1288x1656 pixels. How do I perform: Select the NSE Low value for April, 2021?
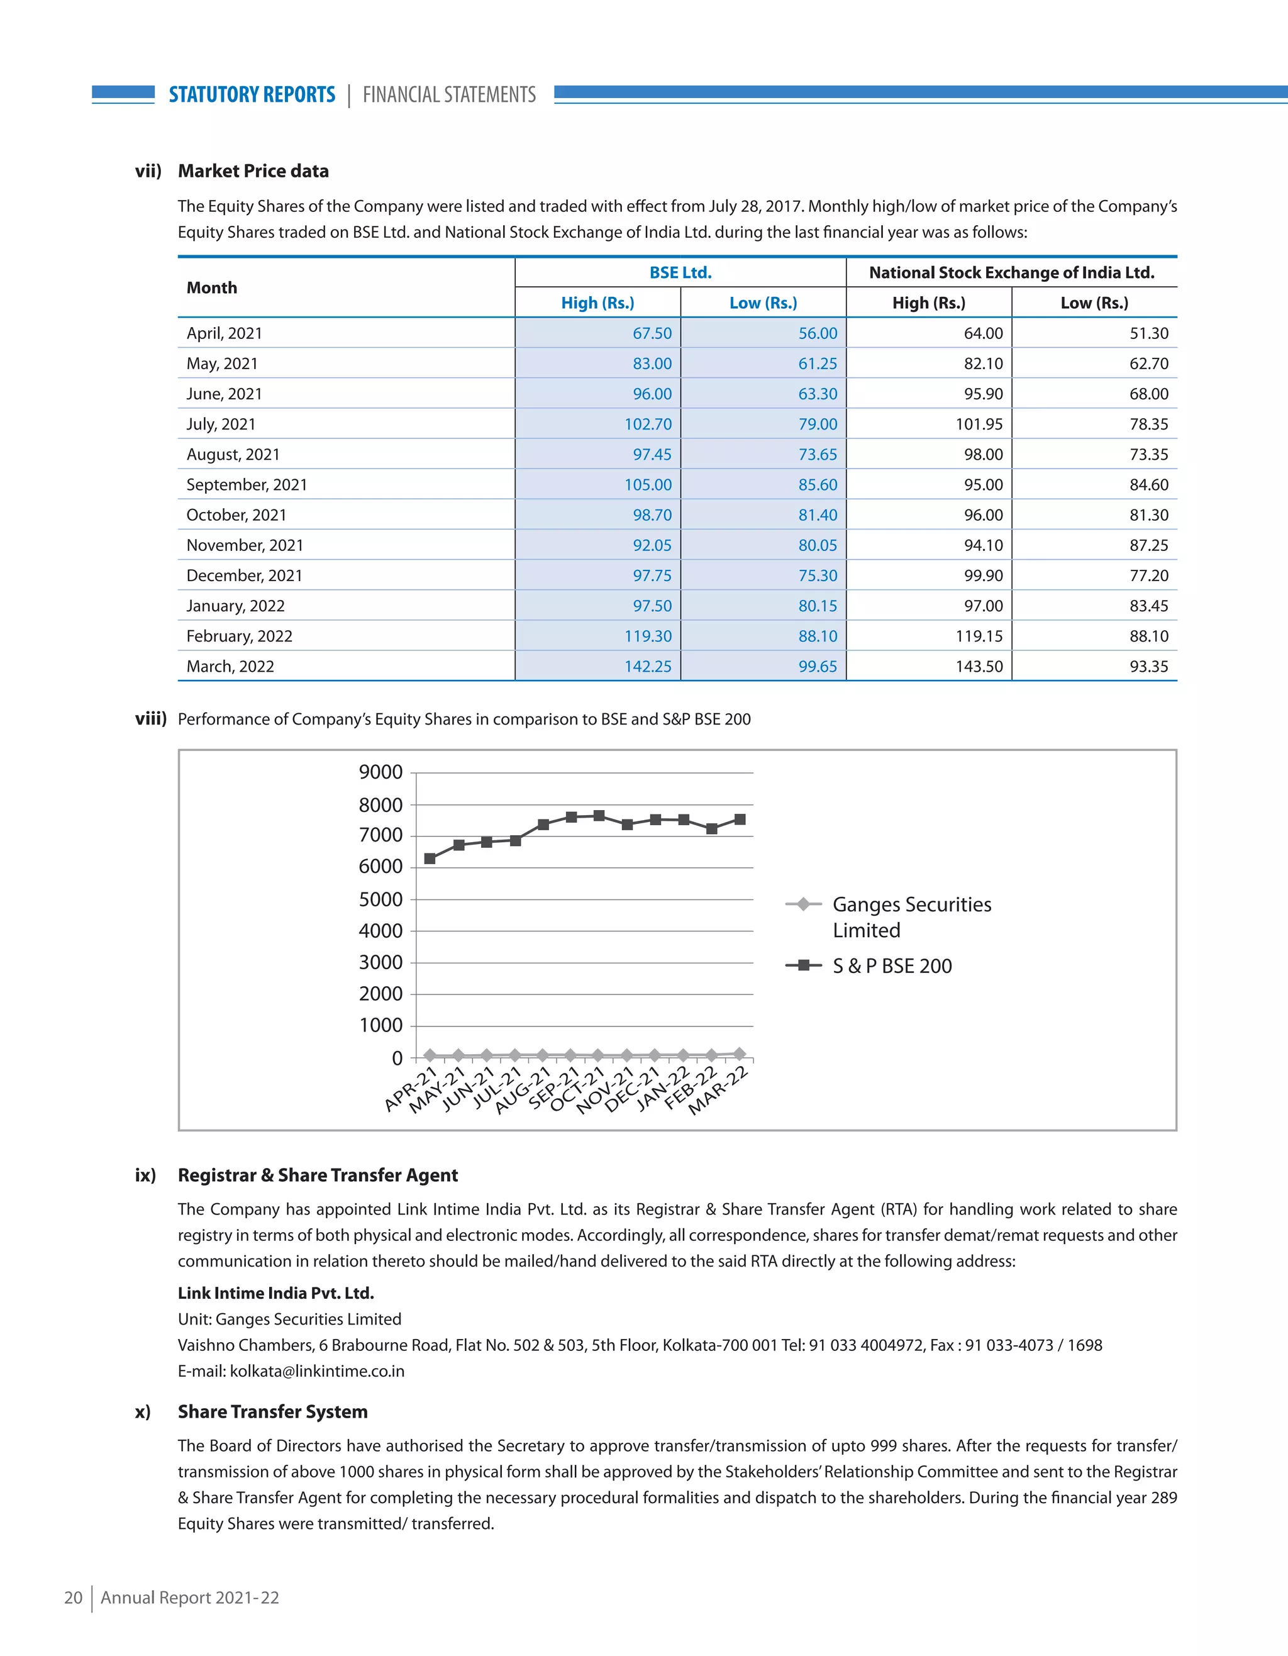click(x=1148, y=333)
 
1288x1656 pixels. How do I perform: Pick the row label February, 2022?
click(x=240, y=636)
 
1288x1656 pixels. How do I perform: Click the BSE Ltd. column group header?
click(x=680, y=273)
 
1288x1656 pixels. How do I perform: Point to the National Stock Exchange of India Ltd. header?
click(x=1011, y=273)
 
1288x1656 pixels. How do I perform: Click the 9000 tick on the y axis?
click(x=380, y=772)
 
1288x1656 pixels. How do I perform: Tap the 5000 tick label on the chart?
click(x=380, y=899)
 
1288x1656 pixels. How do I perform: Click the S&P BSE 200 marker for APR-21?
click(x=430, y=859)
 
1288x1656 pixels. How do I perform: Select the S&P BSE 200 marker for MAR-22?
click(x=740, y=820)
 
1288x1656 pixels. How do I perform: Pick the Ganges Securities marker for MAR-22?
click(x=740, y=1053)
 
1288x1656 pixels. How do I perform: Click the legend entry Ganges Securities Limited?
click(x=911, y=917)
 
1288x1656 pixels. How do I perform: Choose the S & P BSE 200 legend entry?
click(x=892, y=966)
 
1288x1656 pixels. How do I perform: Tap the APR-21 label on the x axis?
click(x=410, y=1089)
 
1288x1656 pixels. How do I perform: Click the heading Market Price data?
click(x=253, y=171)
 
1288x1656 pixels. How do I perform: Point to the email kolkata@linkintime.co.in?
click(x=317, y=1372)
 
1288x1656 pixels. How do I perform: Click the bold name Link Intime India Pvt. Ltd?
click(x=276, y=1294)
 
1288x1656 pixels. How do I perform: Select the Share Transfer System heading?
click(x=272, y=1412)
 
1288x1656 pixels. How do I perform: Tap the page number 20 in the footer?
click(x=73, y=1598)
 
